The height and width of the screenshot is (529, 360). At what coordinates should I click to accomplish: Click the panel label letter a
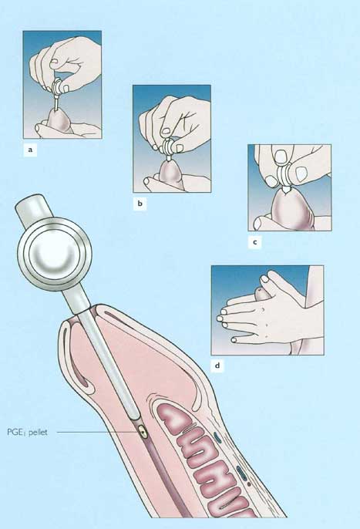click(x=30, y=150)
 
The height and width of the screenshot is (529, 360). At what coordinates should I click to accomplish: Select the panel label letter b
click(x=140, y=204)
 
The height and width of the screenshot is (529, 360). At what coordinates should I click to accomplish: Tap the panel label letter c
click(x=254, y=242)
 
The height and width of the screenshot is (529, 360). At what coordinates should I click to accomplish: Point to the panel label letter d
click(x=217, y=366)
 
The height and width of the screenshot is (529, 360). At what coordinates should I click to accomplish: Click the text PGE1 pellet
click(x=27, y=432)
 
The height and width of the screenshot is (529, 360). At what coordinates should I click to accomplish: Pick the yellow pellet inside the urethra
click(x=144, y=432)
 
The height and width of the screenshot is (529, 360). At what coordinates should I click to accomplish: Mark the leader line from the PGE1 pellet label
click(x=97, y=432)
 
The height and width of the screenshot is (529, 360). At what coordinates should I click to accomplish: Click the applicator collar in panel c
click(x=285, y=177)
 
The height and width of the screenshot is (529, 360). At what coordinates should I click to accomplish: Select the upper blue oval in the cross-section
click(x=217, y=437)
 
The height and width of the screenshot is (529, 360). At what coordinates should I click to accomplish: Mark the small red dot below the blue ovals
click(x=249, y=484)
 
